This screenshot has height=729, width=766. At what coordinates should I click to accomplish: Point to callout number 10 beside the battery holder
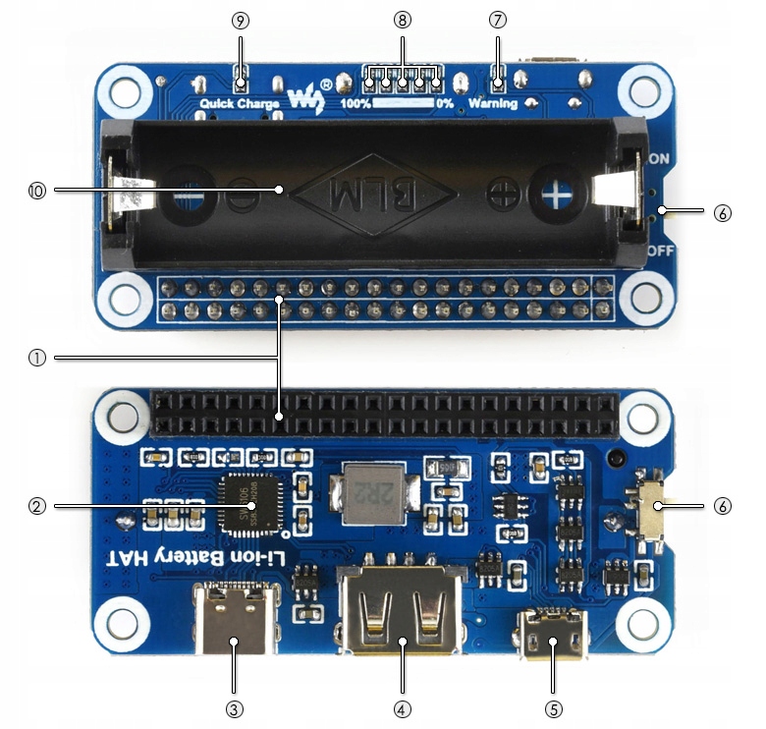37,192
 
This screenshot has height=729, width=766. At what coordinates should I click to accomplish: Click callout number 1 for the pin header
37,359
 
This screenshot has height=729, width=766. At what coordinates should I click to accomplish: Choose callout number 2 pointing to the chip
37,506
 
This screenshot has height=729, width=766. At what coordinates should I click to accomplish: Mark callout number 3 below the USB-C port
234,707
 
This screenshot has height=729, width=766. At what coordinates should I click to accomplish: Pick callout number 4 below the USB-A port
401,707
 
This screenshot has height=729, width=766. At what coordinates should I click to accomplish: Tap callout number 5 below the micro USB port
554,707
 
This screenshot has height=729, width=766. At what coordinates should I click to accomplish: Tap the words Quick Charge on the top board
241,103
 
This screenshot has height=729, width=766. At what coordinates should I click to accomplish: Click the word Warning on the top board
492,103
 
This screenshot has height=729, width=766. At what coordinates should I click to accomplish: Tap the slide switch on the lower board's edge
649,509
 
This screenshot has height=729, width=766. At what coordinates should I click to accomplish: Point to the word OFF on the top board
660,251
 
